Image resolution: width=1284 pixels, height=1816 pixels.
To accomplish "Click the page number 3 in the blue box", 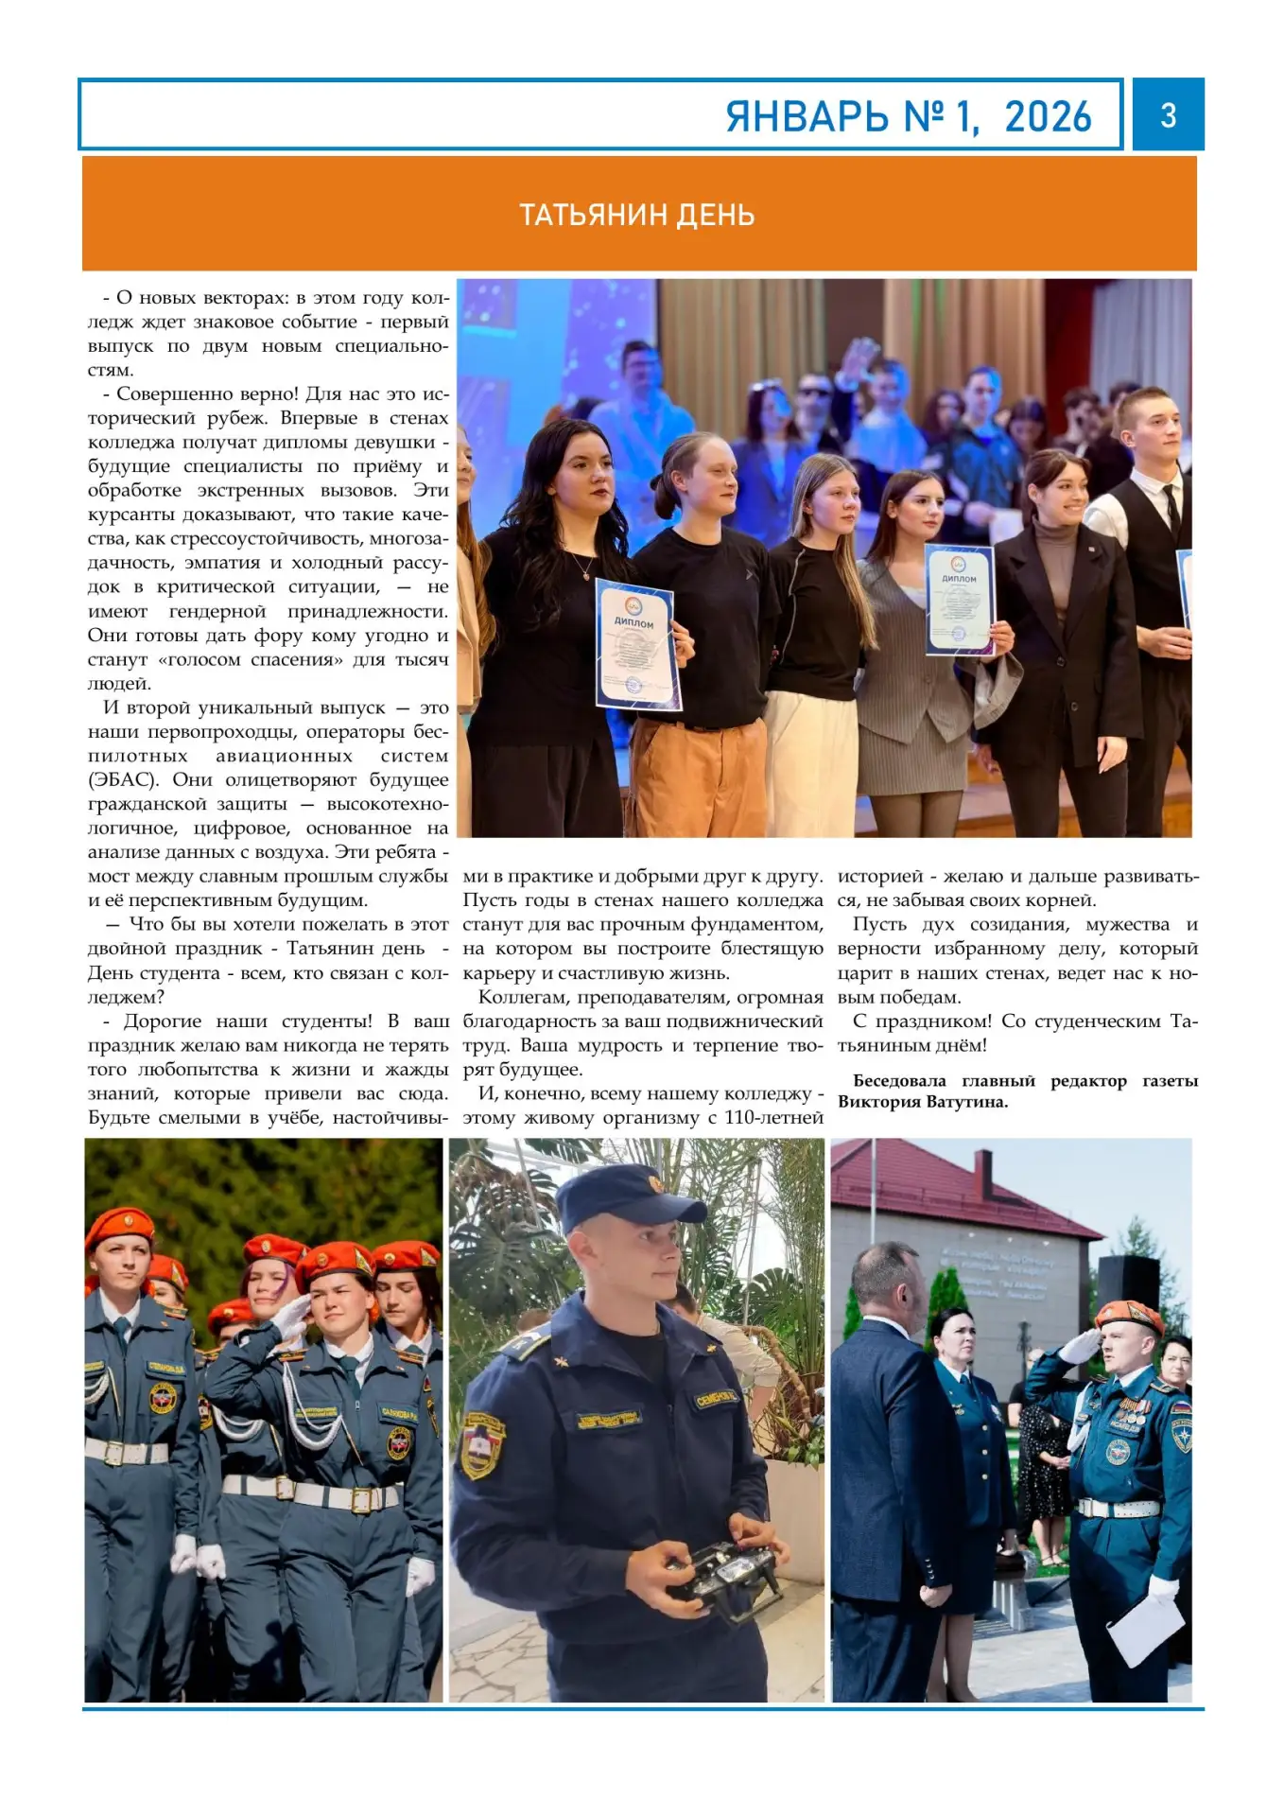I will tap(1168, 115).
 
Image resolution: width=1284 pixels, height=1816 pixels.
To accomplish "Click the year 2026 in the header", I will tap(1048, 117).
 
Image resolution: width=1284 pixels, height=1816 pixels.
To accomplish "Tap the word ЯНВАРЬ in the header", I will tap(807, 117).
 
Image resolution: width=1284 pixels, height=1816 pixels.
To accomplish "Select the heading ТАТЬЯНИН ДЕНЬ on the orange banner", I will tap(637, 216).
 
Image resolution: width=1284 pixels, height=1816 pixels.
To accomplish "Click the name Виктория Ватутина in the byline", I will tap(923, 1102).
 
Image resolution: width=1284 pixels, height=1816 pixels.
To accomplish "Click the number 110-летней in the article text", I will tap(773, 1118).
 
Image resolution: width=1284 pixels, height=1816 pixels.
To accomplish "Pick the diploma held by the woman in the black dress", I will tap(637, 645).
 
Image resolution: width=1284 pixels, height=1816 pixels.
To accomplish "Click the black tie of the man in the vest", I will tap(1171, 506).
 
